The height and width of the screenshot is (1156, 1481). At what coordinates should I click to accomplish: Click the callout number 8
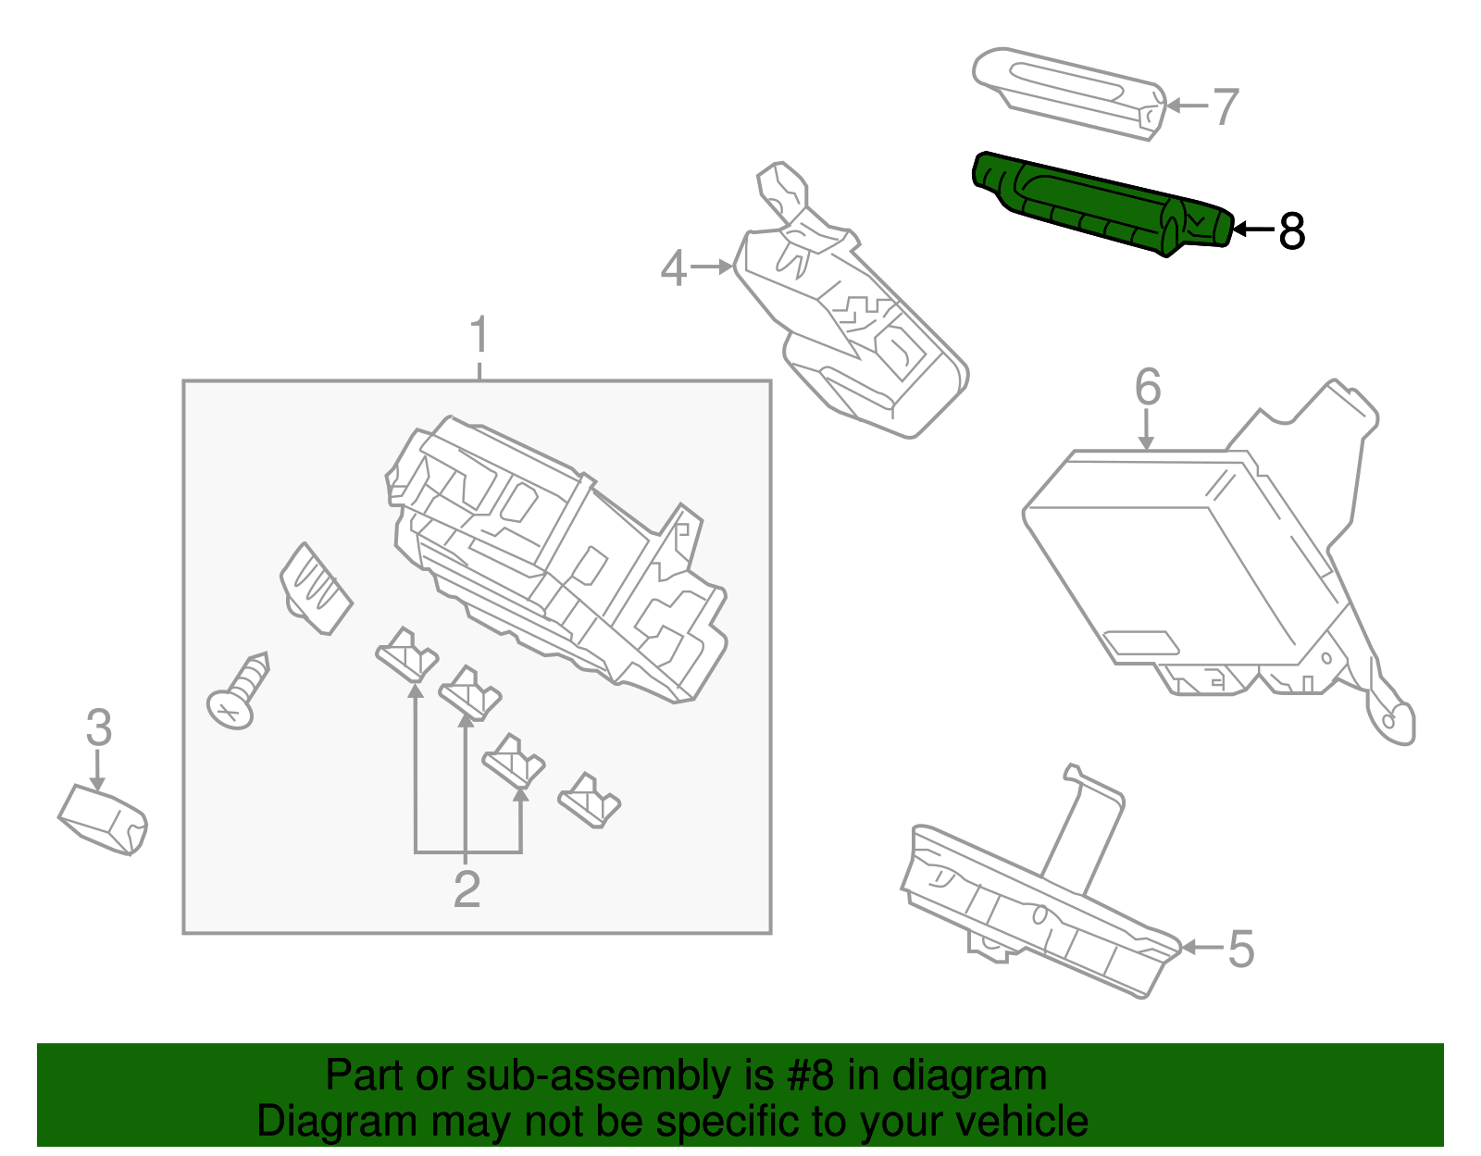tap(1291, 230)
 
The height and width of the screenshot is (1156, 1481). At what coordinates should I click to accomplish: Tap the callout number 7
tap(1225, 106)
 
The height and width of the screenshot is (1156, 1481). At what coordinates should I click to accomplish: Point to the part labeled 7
tap(1069, 93)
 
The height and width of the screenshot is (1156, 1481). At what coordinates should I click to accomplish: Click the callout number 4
tap(673, 268)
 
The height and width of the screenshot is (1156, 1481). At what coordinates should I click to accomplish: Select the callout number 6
tap(1147, 386)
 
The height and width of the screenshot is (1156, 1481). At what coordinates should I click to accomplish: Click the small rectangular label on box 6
tap(1140, 642)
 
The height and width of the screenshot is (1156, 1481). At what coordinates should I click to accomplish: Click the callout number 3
tap(98, 727)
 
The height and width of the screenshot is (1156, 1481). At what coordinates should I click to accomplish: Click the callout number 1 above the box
tap(479, 335)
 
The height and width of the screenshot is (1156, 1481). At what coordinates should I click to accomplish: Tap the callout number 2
tap(467, 889)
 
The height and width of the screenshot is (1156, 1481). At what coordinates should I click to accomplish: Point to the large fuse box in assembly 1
tap(555, 555)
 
